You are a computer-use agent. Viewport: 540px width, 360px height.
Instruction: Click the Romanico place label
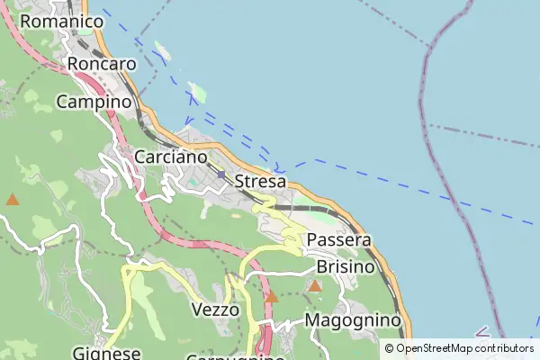click(x=61, y=20)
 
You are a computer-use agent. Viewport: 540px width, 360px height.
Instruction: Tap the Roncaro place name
click(x=102, y=64)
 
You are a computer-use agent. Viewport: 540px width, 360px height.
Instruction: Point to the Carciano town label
click(x=171, y=157)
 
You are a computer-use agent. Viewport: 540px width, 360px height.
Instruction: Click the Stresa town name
click(x=260, y=182)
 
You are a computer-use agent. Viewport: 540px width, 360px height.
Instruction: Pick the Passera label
click(x=339, y=240)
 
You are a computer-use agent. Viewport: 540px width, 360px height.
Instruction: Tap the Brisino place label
click(x=346, y=267)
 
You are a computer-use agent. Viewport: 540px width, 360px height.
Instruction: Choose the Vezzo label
click(x=216, y=310)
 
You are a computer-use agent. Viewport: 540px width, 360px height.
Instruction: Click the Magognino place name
click(x=352, y=320)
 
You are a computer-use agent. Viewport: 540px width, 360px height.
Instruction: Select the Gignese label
click(x=107, y=352)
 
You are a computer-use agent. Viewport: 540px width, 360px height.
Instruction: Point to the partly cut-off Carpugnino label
click(x=236, y=356)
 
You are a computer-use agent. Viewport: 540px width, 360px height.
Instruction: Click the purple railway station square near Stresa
click(x=221, y=175)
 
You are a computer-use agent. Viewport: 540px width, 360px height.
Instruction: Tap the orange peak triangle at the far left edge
click(x=13, y=199)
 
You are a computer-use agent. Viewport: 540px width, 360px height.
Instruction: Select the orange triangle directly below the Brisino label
click(x=315, y=286)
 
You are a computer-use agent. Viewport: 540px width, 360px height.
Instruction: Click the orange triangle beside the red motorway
click(x=271, y=296)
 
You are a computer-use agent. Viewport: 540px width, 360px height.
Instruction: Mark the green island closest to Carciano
click(x=197, y=92)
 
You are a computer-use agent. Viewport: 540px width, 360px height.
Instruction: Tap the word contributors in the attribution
click(x=505, y=348)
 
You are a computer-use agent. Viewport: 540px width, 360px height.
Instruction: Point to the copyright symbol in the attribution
click(x=389, y=348)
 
